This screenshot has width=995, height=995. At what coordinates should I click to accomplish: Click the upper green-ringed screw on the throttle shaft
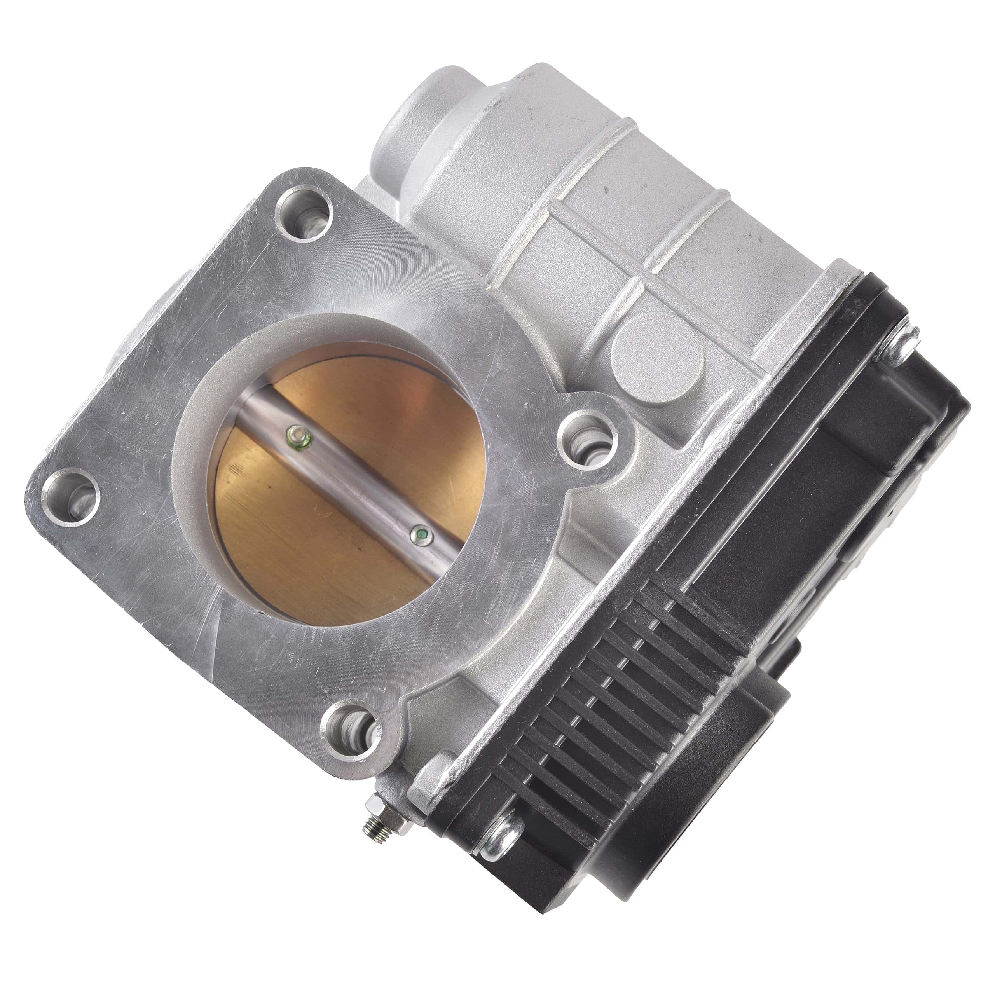click(298, 437)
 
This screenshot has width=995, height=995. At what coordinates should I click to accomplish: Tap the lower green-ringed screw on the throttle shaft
click(422, 537)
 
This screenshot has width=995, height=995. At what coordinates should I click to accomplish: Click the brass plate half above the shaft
click(391, 412)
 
